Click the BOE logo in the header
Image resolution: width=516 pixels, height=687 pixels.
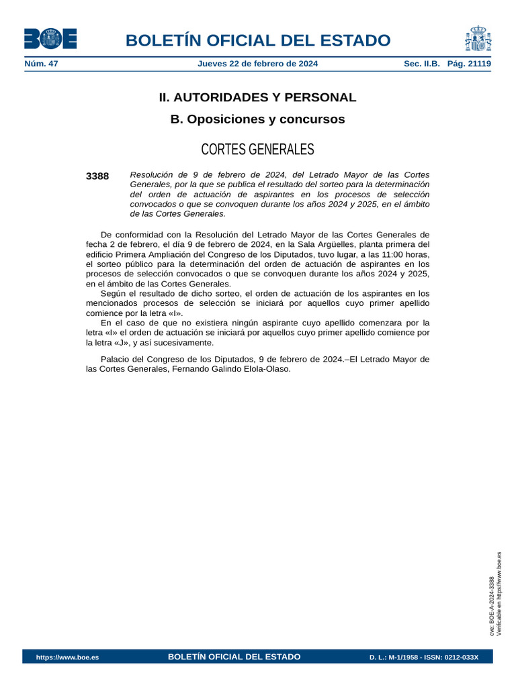[x=50, y=39]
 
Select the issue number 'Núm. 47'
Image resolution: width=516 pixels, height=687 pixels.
[x=41, y=64]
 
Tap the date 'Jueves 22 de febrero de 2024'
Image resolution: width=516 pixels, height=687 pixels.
[x=257, y=64]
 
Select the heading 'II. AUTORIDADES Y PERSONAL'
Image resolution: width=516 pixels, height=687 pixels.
[x=257, y=97]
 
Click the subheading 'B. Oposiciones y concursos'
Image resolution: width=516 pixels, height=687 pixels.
[x=257, y=119]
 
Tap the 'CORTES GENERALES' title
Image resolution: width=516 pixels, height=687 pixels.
[x=257, y=149]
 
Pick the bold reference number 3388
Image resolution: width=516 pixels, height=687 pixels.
[x=97, y=176]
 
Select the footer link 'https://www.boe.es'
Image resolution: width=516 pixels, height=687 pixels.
[x=67, y=657]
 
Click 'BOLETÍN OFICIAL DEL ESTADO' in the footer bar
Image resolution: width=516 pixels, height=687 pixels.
[x=234, y=657]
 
